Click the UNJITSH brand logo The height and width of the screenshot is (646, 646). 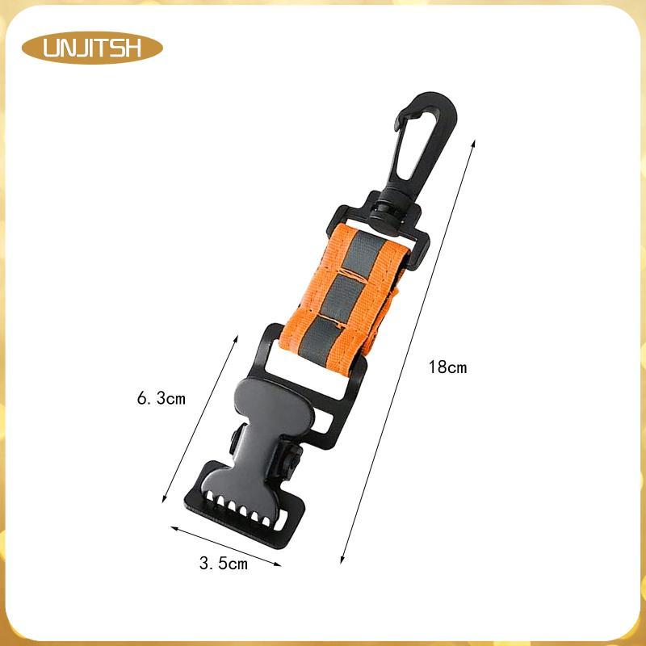92,48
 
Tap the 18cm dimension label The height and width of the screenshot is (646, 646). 448,367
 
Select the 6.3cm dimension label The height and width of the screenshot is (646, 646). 161,399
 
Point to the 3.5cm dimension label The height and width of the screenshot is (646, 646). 224,563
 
